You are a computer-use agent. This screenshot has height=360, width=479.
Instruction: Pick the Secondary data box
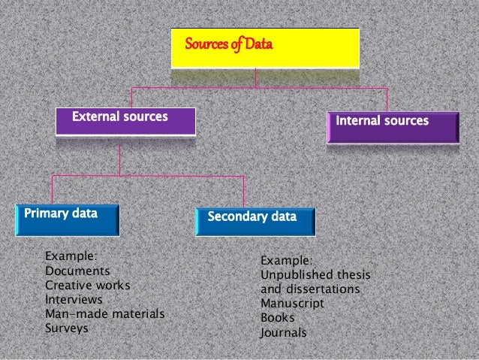[x=256, y=220]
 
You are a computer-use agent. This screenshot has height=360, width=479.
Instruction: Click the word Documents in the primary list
[x=77, y=271]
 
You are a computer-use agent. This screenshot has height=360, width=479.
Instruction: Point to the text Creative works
[x=88, y=286]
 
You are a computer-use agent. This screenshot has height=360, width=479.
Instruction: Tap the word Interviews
[x=74, y=300]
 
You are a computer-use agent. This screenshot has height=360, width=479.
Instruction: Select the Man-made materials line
[x=104, y=314]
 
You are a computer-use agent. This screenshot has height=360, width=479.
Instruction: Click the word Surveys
[x=67, y=328]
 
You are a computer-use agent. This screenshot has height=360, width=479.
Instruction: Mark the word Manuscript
[x=292, y=304]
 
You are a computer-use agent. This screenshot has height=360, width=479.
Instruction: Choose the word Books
[x=278, y=318]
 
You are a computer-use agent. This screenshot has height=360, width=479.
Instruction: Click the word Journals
[x=283, y=332]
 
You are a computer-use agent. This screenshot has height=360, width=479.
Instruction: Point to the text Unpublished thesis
[x=315, y=274]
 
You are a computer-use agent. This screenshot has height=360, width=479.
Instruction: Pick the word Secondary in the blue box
[x=237, y=217]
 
